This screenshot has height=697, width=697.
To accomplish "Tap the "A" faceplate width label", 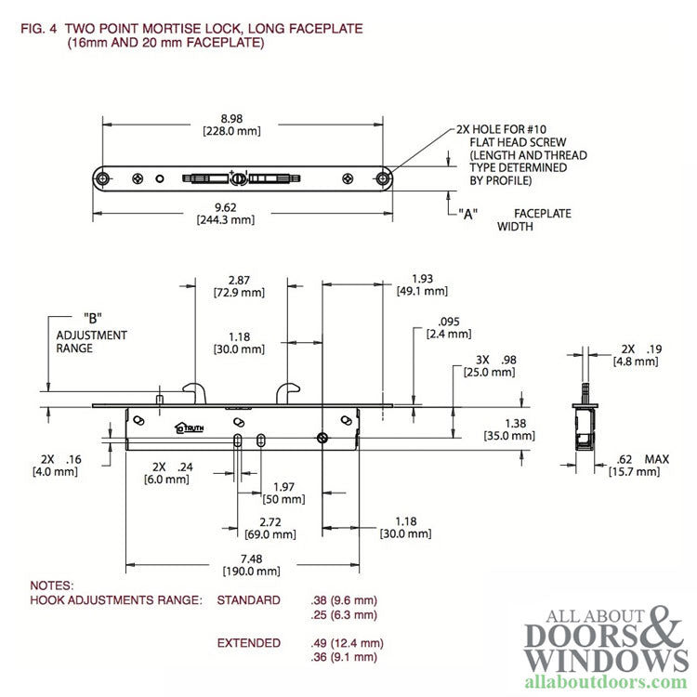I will point(467,214).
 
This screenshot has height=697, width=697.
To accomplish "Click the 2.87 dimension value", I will point(240,279).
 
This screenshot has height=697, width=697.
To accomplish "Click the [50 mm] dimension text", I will point(283,500).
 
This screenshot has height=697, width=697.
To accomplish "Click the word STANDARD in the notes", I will point(248,600).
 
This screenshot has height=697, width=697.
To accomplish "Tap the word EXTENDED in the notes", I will point(248,643).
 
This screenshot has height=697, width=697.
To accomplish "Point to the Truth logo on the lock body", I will point(190,428).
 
